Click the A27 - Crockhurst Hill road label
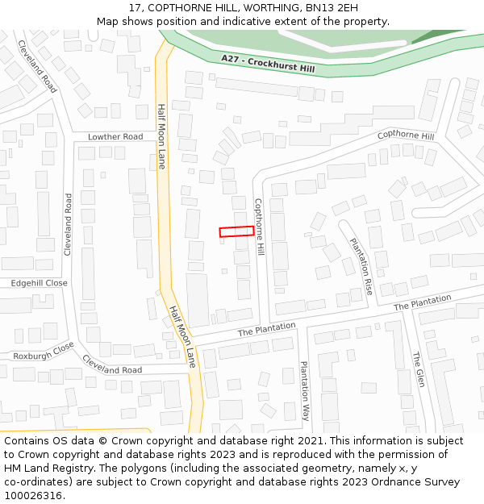[x=268, y=64]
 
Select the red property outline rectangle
[x=236, y=231]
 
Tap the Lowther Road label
[x=115, y=137]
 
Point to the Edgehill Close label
[x=39, y=284]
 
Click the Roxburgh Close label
[x=44, y=351]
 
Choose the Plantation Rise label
[x=361, y=266]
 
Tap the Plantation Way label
[x=304, y=390]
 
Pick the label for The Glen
[x=418, y=369]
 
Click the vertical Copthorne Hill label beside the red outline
[x=260, y=227]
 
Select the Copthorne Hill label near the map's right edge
[x=406, y=135]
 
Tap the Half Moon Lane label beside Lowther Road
[x=161, y=131]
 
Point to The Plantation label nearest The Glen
[x=423, y=303]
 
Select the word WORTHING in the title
[x=270, y=8]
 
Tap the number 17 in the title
[x=135, y=8]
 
